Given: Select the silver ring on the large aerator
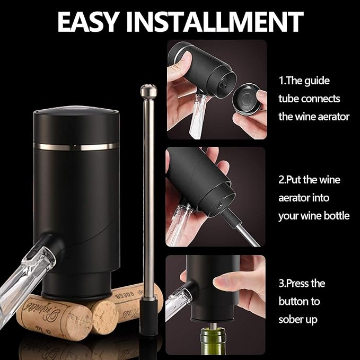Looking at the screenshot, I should coord(75,146).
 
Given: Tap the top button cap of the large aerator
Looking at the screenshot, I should coord(75,112).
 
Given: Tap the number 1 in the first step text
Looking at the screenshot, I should coord(282,81).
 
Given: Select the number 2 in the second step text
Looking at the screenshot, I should coord(282,180).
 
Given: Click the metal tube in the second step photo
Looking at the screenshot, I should coord(244,233).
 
